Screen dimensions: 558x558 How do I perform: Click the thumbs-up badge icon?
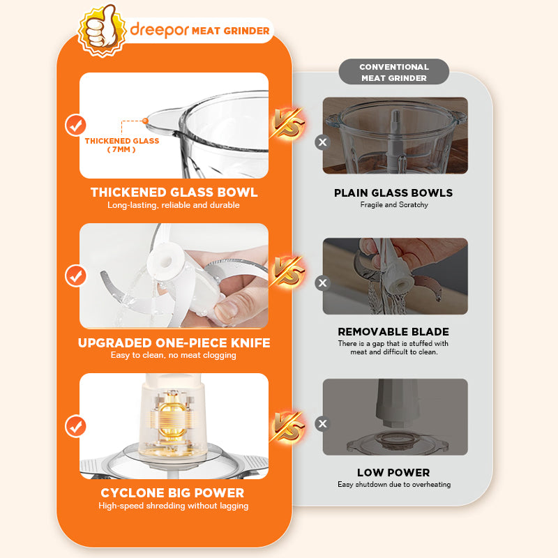point(102,31)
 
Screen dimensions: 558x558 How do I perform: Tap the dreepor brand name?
point(159,30)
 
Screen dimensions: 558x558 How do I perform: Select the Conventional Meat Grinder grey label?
point(393,72)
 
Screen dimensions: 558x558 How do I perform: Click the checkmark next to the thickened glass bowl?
point(75,126)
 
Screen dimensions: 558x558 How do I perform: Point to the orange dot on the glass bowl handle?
point(145,121)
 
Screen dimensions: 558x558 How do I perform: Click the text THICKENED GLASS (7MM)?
point(121,145)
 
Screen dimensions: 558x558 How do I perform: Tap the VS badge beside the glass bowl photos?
point(287,123)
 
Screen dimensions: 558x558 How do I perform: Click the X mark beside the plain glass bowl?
point(322,142)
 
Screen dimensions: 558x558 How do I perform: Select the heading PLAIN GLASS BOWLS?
point(393,193)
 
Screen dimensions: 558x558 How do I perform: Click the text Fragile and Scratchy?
point(394,204)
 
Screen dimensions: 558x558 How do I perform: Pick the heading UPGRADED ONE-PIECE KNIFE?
point(174,342)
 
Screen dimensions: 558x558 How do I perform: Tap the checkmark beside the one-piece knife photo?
point(75,276)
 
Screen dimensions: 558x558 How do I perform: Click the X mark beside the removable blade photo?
point(322,283)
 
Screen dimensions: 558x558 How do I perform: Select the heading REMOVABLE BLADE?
point(393,332)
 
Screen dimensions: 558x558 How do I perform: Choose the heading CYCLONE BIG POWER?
point(172,493)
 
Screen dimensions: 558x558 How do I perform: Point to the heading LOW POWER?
point(393,473)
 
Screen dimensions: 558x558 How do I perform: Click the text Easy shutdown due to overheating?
point(394,484)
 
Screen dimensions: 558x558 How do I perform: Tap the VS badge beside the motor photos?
point(287,427)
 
